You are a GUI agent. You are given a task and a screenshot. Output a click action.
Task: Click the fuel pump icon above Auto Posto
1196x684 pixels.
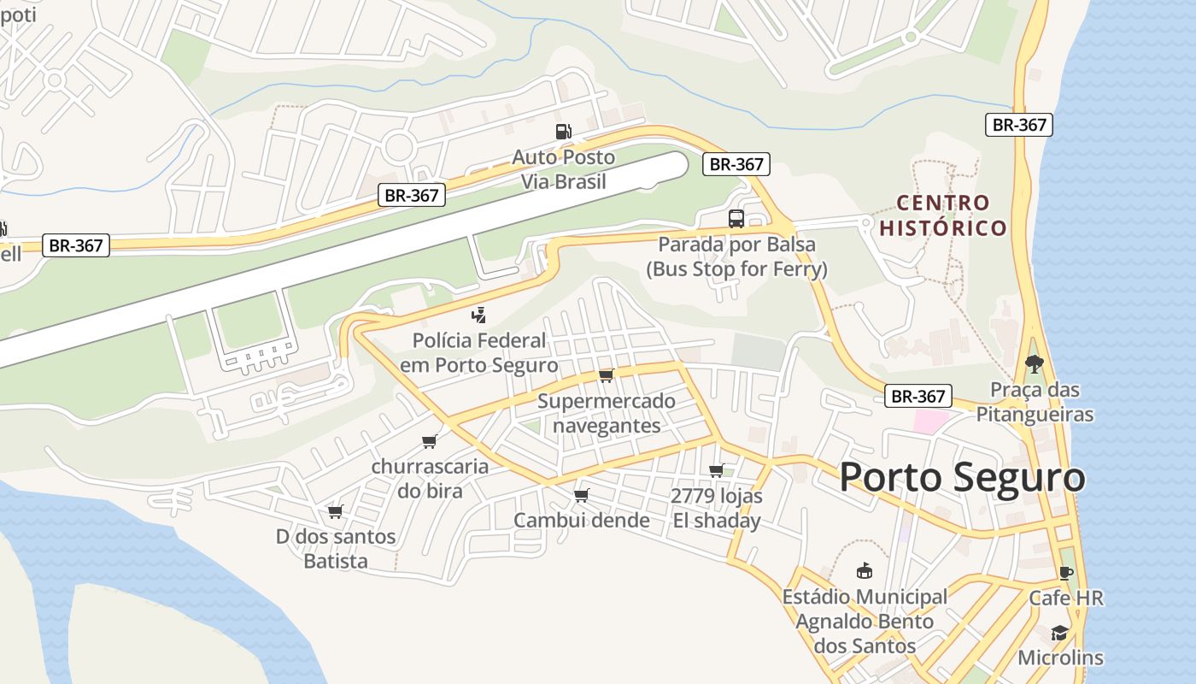click(563, 132)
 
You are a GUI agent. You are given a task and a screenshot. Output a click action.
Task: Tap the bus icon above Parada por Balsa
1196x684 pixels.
click(736, 219)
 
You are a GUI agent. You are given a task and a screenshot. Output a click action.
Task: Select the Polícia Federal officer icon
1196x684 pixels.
click(478, 315)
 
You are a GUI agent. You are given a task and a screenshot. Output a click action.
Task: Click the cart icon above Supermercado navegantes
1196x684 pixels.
click(607, 375)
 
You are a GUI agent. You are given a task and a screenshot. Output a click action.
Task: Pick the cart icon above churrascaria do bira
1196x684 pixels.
click(429, 441)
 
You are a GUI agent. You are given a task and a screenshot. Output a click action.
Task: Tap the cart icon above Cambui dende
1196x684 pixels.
click(582, 495)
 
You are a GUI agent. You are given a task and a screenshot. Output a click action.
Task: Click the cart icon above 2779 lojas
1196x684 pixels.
click(717, 470)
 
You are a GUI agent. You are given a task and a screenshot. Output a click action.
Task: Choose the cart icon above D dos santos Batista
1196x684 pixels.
click(336, 511)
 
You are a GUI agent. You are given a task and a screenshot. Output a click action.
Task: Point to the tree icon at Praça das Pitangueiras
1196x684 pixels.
click(1035, 364)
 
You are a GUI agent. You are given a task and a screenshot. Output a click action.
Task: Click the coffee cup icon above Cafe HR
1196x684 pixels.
click(1065, 573)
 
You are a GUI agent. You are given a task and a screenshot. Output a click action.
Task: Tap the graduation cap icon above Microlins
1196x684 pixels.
click(1059, 633)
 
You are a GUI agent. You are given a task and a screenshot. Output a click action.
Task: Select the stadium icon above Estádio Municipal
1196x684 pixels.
click(865, 571)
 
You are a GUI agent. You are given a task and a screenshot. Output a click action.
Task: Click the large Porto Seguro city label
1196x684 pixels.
click(962, 477)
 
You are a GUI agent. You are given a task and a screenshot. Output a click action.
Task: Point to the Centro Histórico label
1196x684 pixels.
click(943, 215)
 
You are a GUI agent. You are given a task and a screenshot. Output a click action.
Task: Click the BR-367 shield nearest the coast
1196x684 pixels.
click(1019, 125)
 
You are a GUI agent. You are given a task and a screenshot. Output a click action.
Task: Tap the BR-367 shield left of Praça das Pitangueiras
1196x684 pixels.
click(918, 396)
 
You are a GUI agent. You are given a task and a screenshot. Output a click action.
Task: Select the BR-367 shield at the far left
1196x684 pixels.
click(76, 245)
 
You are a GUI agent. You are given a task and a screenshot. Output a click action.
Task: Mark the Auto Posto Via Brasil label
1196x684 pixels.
click(564, 169)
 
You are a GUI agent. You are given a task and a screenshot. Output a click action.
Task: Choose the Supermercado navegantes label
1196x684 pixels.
click(607, 413)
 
